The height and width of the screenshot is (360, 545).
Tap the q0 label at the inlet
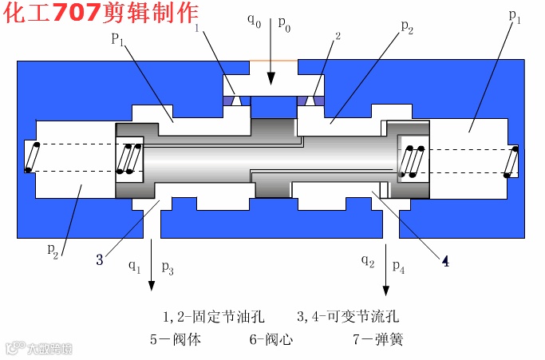tap(253, 19)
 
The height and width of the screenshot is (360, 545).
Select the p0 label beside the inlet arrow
tap(284, 23)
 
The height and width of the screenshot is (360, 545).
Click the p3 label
tap(167, 267)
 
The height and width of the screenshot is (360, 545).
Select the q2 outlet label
tap(367, 260)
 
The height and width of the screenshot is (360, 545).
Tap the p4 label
tap(398, 267)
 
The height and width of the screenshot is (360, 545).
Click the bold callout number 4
tap(445, 261)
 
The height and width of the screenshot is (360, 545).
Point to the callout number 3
tap(99, 259)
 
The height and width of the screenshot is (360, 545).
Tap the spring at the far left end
tap(32, 156)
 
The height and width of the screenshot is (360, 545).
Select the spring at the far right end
tap(511, 162)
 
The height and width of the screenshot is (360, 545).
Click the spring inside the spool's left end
tap(128, 158)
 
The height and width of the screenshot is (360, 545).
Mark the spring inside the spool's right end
tap(412, 162)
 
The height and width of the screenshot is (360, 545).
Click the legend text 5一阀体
tap(175, 339)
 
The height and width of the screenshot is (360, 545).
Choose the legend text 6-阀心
tap(271, 339)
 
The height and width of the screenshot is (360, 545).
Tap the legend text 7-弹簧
tap(377, 339)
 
